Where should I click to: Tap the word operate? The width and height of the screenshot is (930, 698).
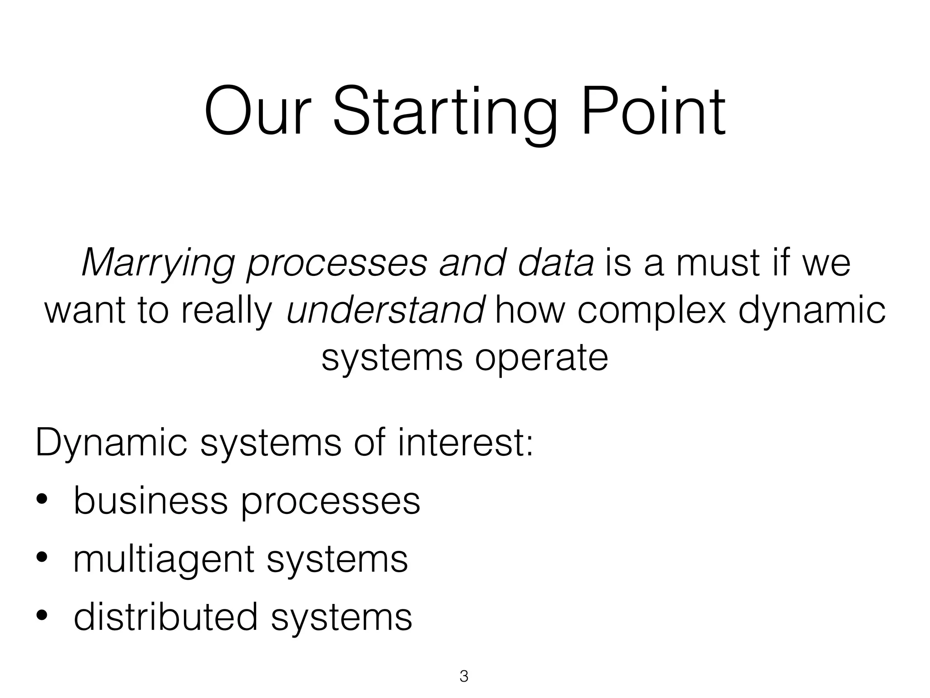[541, 359]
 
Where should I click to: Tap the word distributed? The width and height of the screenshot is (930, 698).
[166, 617]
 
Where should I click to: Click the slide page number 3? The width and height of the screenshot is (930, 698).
[464, 676]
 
